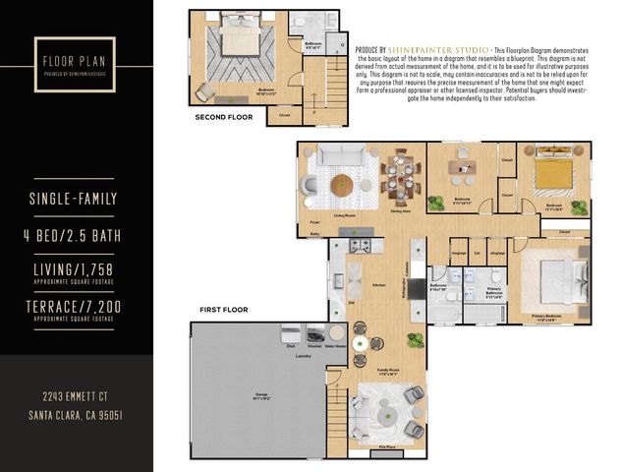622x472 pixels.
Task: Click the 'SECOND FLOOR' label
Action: click(x=224, y=117)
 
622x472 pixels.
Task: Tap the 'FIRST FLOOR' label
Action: click(x=223, y=310)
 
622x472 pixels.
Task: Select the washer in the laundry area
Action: click(x=315, y=334)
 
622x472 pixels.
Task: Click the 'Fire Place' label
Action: click(x=387, y=448)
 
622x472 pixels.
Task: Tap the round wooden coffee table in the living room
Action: click(x=341, y=184)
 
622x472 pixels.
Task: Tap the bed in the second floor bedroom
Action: click(x=239, y=40)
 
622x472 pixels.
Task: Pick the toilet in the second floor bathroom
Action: click(x=299, y=21)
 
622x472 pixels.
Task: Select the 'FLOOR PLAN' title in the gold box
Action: click(x=73, y=60)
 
